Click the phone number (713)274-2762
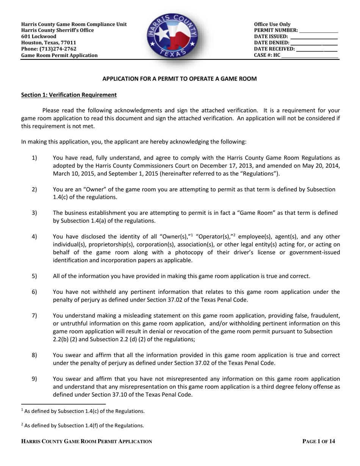60,49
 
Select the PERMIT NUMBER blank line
318,31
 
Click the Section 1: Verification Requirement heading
69,95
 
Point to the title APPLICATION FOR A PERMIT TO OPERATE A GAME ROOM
180,79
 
